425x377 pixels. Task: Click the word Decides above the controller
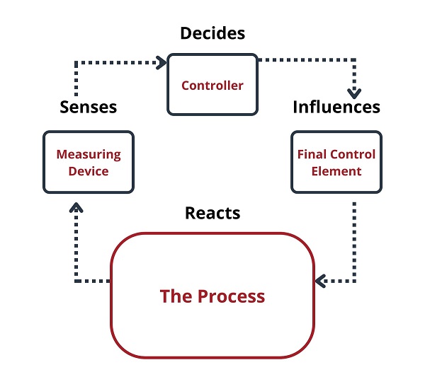212,33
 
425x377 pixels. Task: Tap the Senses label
89,108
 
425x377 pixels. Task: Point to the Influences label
336,107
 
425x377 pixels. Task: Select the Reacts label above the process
212,213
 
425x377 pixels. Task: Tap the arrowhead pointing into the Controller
161,63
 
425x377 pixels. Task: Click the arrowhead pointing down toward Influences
354,93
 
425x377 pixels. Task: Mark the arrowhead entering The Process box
320,282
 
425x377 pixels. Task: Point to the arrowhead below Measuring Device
76,207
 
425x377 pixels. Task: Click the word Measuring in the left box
89,155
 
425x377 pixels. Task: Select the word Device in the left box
89,171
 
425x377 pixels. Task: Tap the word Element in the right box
336,171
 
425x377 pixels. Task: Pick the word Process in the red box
231,296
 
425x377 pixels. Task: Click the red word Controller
212,86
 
